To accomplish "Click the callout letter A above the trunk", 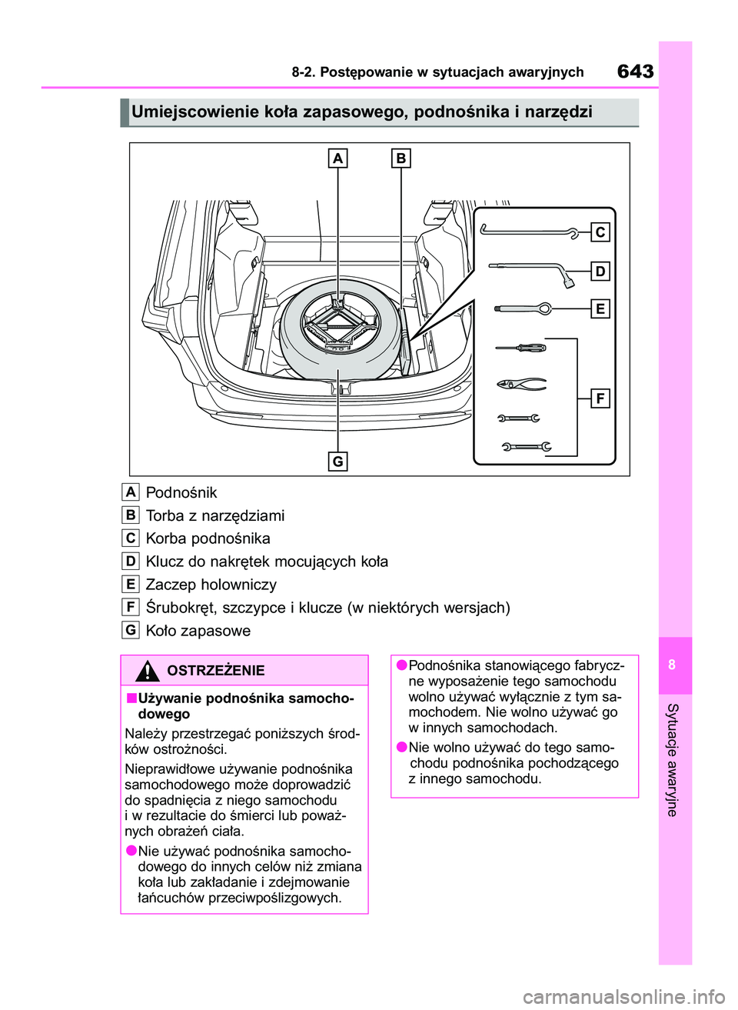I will (338, 158).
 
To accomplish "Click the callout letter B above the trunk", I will (401, 158).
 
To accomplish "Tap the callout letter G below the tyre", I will (338, 461).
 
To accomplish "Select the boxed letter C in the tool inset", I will (600, 232).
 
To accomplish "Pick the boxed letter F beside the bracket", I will (600, 398).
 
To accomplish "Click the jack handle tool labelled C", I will (530, 230).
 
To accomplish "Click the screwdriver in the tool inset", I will (520, 348).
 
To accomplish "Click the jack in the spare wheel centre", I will (339, 324).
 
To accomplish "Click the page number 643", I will (635, 72).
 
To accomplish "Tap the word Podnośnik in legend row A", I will (181, 492).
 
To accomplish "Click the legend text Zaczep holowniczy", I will (211, 585).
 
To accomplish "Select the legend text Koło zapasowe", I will (198, 631).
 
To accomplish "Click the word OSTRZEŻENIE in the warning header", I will (215, 671).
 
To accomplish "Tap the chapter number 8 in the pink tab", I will (672, 665).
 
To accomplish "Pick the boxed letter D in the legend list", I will (131, 562).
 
